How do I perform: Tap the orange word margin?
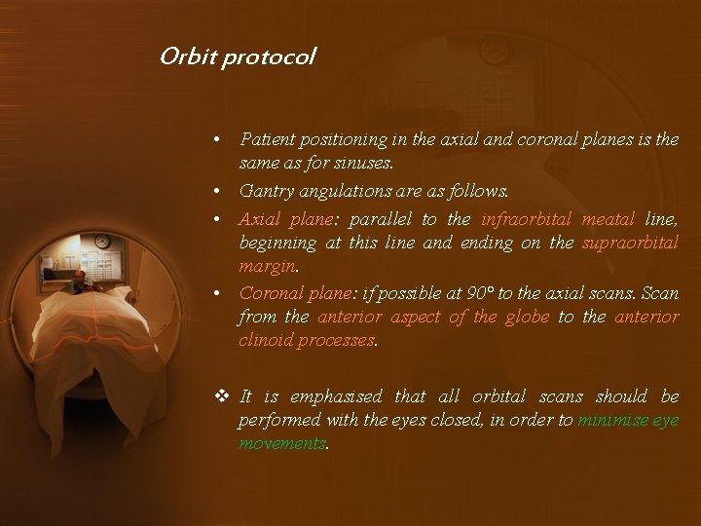click(x=267, y=266)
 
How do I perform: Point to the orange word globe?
click(x=524, y=318)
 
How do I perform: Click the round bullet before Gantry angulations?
click(x=223, y=190)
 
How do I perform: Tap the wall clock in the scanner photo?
click(x=102, y=241)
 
